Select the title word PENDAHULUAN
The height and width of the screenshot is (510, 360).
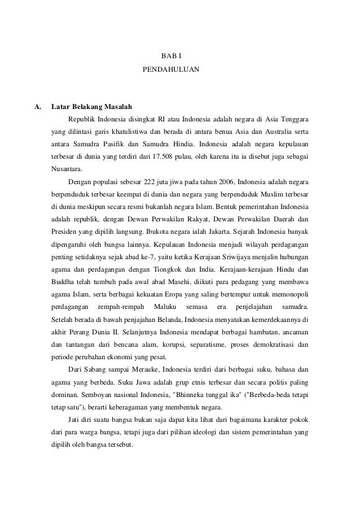click(171, 72)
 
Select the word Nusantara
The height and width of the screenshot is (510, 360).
click(66, 168)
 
